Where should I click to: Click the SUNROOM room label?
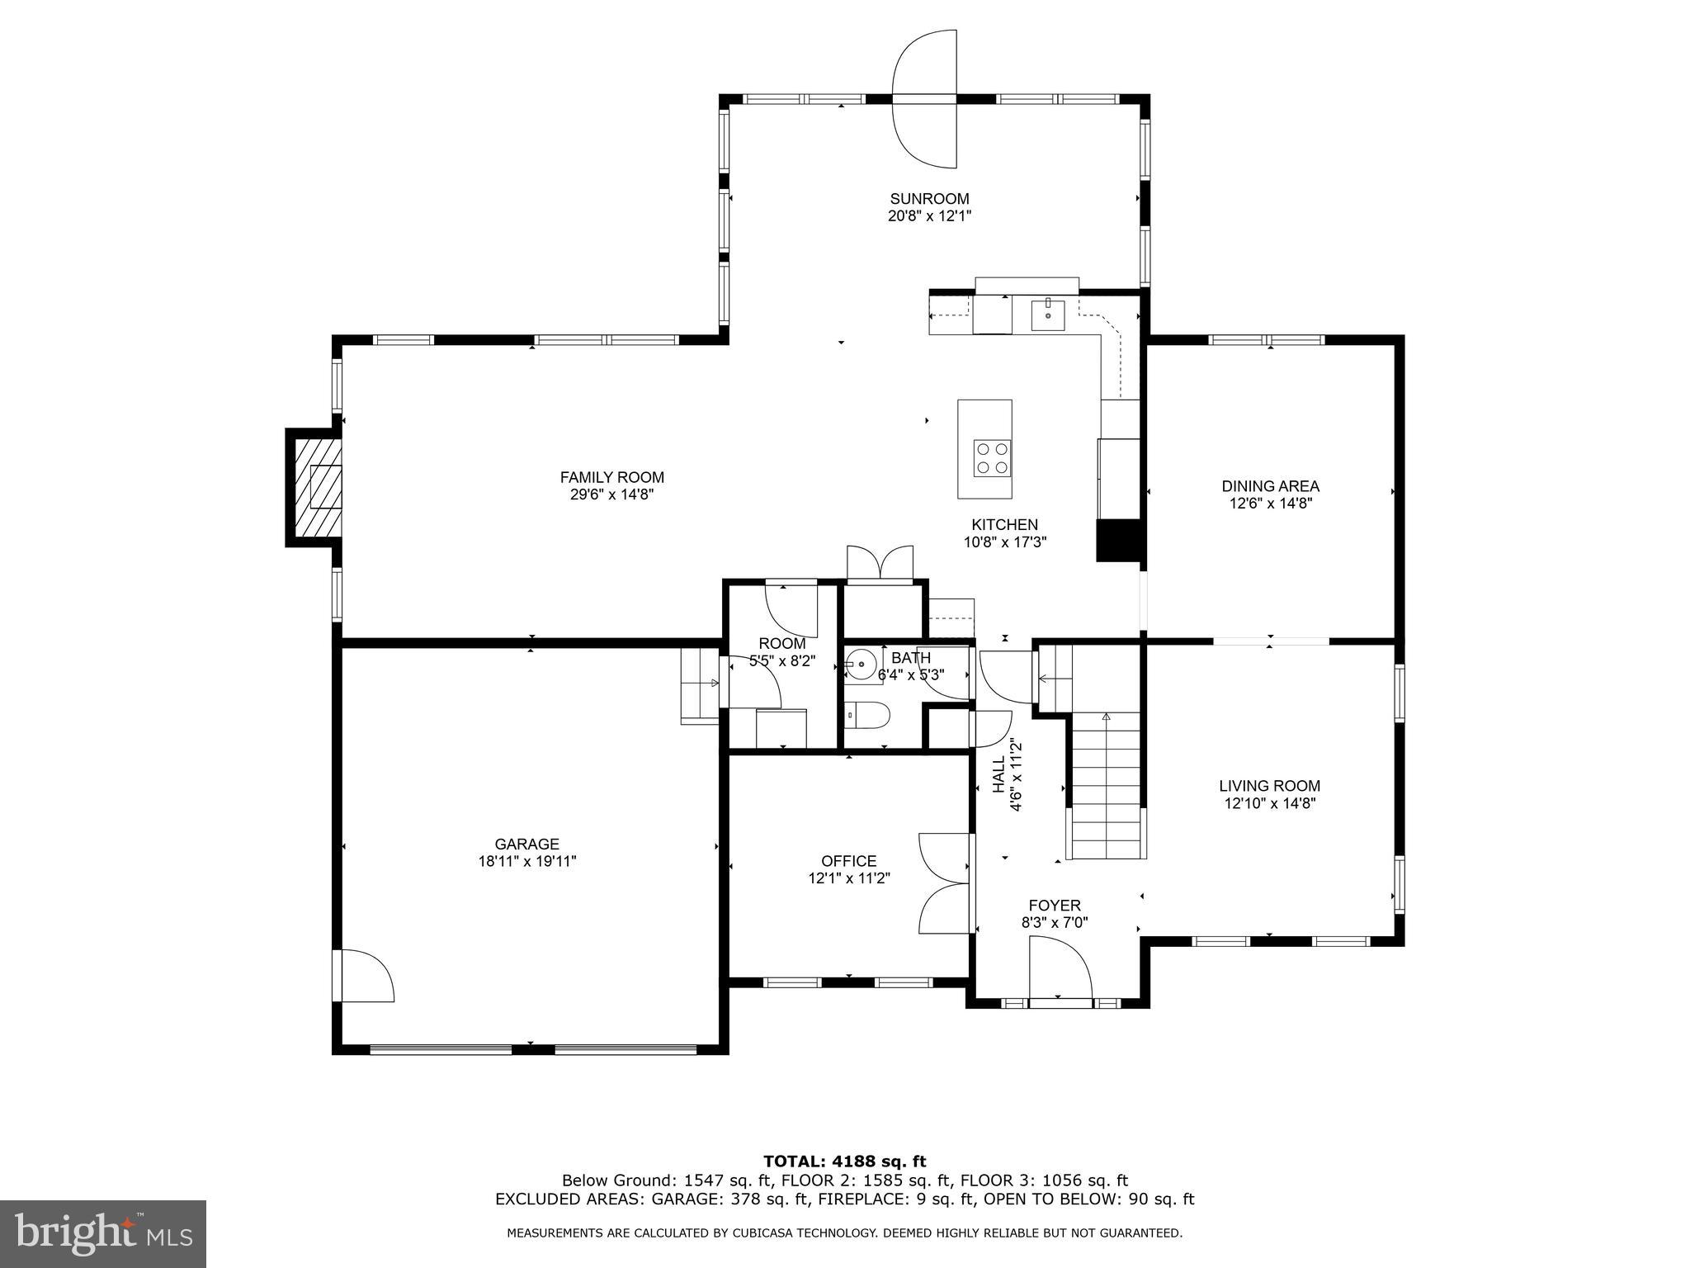tap(929, 199)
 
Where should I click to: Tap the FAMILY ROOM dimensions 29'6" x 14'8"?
tap(611, 494)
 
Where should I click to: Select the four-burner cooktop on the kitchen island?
tap(992, 458)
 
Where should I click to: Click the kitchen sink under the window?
tap(1048, 315)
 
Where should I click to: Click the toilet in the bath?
tap(867, 715)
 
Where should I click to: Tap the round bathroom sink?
tap(863, 663)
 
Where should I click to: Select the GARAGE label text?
tap(526, 844)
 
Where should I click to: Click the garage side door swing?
tap(366, 976)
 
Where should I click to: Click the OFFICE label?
tap(848, 861)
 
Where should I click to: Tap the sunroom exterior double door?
tap(925, 98)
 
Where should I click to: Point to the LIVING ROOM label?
tap(1269, 786)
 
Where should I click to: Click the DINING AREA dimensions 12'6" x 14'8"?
tap(1270, 504)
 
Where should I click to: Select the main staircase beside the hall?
tap(1106, 784)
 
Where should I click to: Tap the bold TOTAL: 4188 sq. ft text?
tap(844, 1162)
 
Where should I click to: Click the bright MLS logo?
tap(102, 1234)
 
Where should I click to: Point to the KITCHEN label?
tap(1004, 524)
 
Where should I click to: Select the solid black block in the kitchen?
tap(1117, 541)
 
